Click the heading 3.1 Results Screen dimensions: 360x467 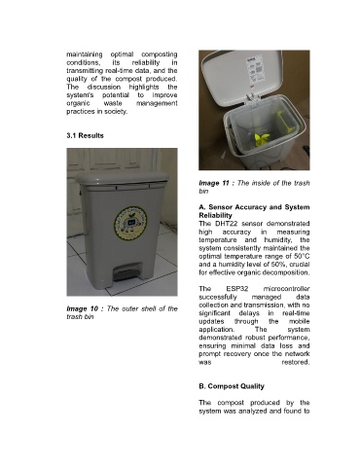point(85,135)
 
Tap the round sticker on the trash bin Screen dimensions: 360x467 point(130,223)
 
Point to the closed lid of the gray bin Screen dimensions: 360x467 point(122,178)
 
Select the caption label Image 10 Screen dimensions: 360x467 point(82,308)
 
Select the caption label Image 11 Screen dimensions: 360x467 point(214,183)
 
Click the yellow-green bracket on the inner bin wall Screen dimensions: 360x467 point(285,122)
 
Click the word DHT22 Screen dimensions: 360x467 point(227,224)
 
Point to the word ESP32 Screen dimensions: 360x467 point(237,289)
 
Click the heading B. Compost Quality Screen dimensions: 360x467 point(232,386)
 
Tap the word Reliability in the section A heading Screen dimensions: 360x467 point(215,215)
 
